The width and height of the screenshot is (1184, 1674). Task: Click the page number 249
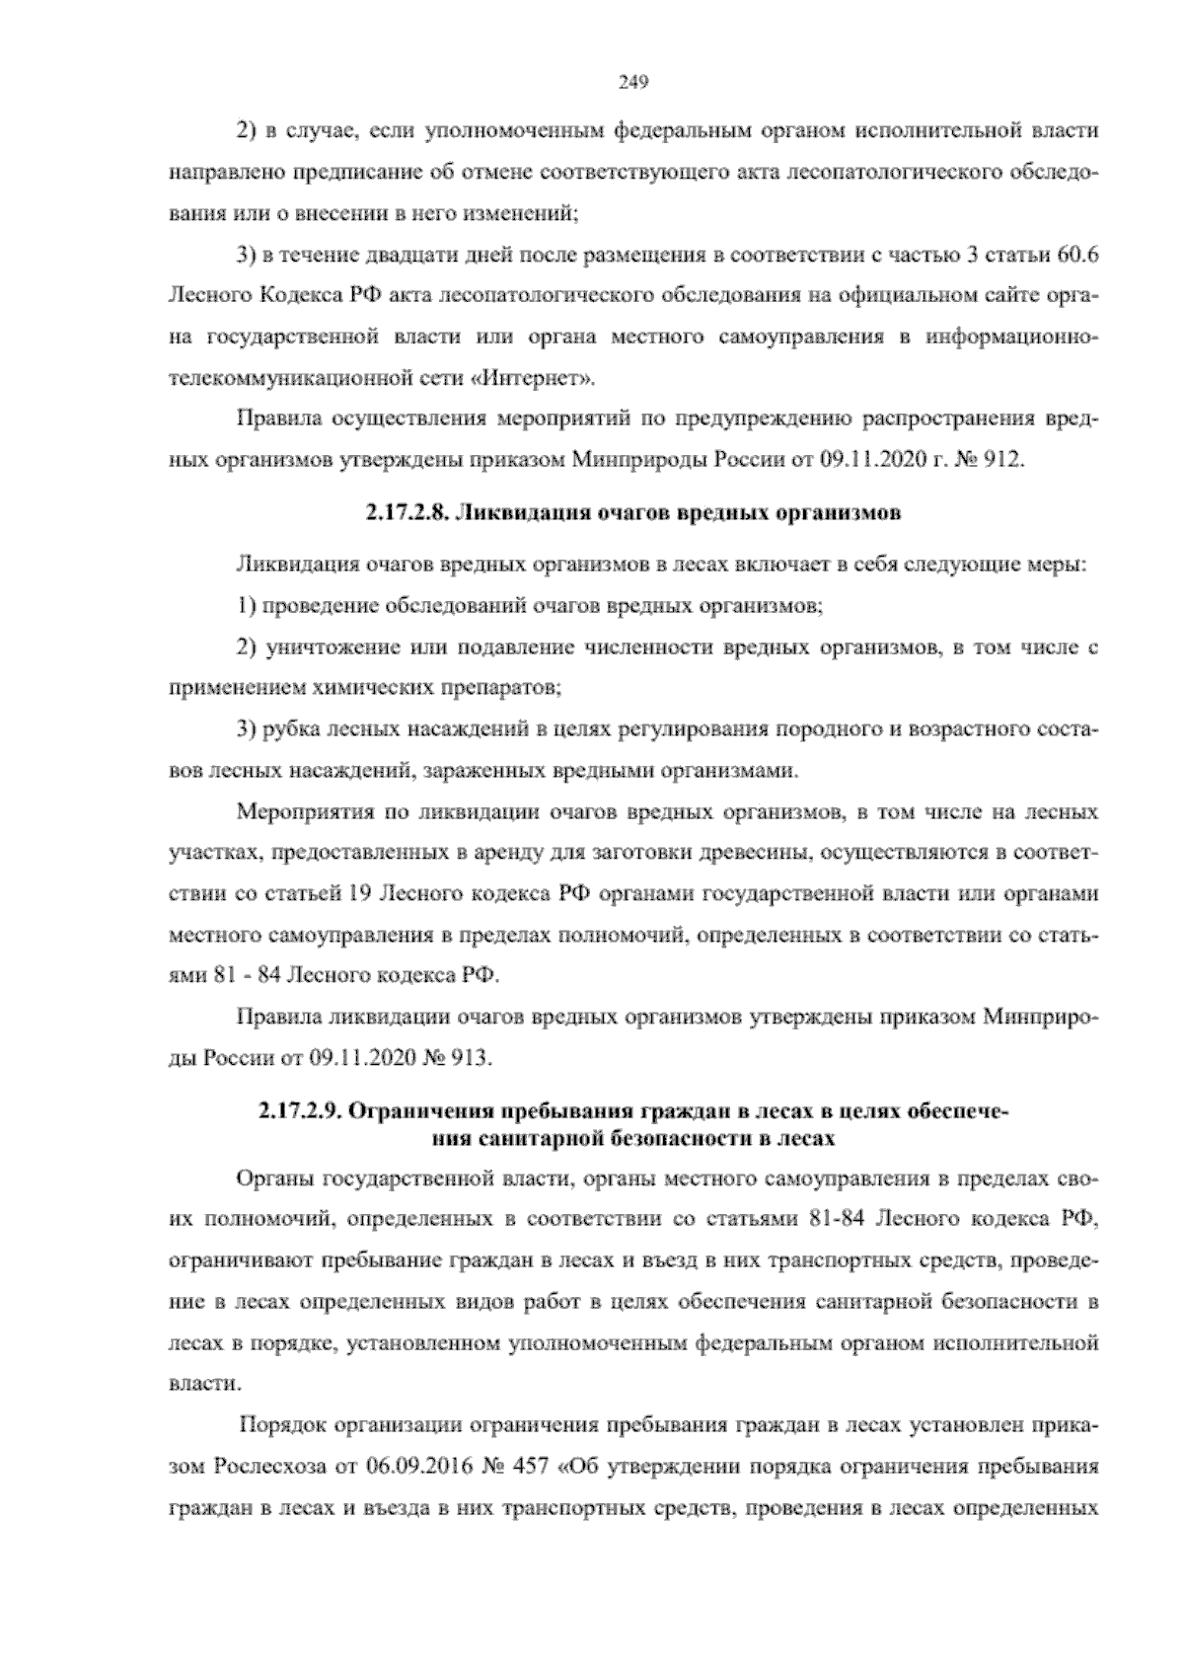[x=632, y=83]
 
